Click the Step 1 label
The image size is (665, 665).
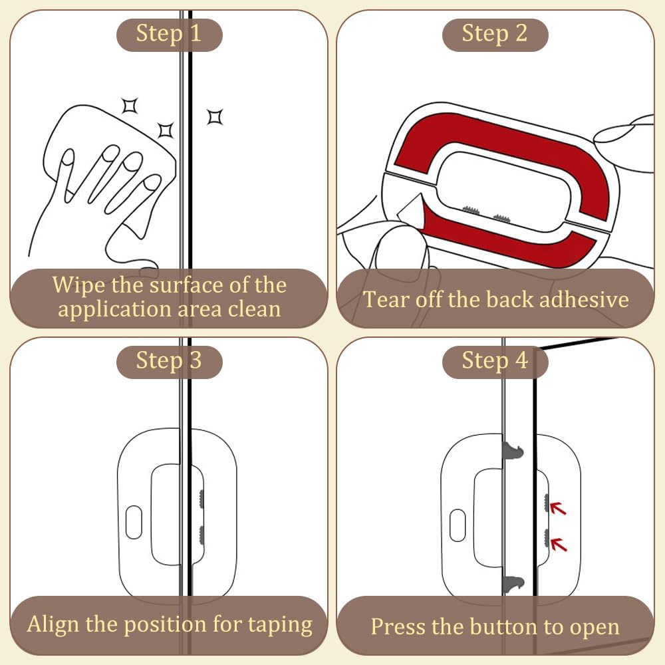169,35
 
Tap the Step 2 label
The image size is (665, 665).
495,35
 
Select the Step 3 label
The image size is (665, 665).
169,362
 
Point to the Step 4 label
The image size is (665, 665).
495,362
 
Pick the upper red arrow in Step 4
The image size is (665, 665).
558,507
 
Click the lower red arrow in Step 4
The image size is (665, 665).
558,544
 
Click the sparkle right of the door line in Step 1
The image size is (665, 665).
215,116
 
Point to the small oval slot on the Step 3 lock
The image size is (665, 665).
134,522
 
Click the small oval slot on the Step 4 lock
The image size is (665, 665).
458,525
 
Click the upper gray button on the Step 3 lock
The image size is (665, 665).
201,499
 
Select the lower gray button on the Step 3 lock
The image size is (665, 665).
201,535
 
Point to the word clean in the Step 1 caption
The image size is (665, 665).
255,309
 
